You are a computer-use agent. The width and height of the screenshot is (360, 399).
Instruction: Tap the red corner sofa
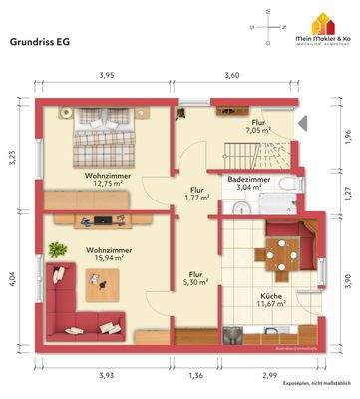click(x=71, y=287)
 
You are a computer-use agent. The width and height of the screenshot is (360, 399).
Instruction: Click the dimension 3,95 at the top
click(x=106, y=75)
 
